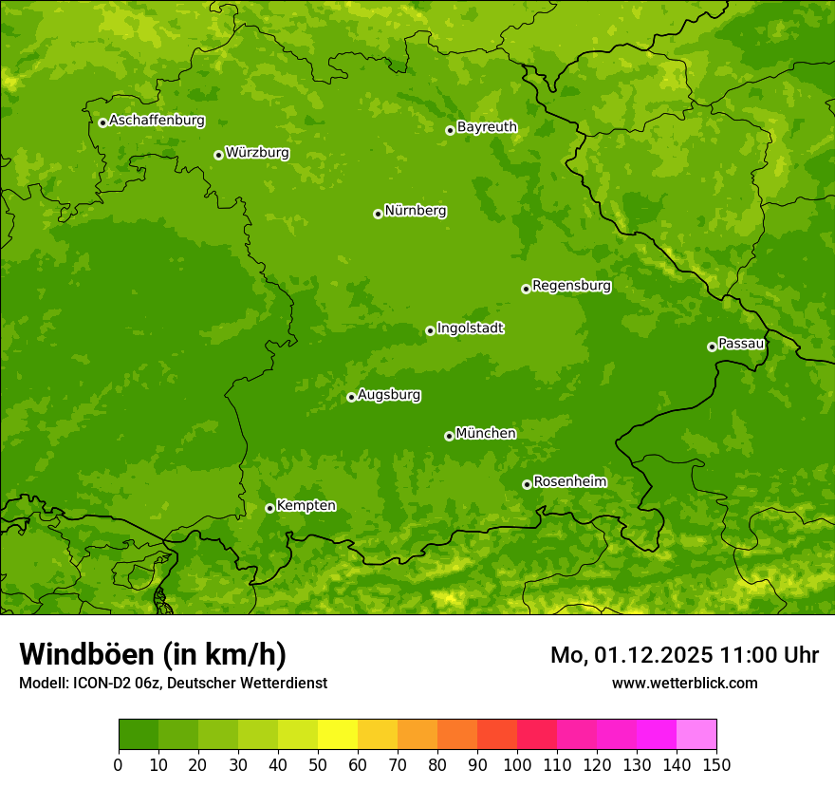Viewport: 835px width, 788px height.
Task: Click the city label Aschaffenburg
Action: [157, 121]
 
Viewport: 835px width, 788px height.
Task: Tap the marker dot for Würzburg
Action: [218, 155]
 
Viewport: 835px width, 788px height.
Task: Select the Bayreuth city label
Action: [487, 127]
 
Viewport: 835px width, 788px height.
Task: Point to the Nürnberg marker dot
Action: [378, 214]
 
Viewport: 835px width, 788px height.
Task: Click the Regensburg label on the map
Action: [571, 286]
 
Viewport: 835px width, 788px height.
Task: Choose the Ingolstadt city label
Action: [470, 328]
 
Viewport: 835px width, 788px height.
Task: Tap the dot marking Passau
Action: [712, 347]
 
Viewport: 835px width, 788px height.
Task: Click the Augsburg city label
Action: [388, 395]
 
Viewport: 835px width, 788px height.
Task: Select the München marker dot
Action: [449, 436]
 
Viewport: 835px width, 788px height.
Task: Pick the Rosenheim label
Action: [569, 482]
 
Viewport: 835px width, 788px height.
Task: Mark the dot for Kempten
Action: [269, 508]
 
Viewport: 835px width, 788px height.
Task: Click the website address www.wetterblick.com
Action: [684, 683]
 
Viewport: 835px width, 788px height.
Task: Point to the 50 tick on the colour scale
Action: [318, 763]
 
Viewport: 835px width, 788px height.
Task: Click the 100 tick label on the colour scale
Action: [517, 763]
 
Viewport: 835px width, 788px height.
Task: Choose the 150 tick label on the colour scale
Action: [716, 763]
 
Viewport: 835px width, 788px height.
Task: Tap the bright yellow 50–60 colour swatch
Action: [338, 735]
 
